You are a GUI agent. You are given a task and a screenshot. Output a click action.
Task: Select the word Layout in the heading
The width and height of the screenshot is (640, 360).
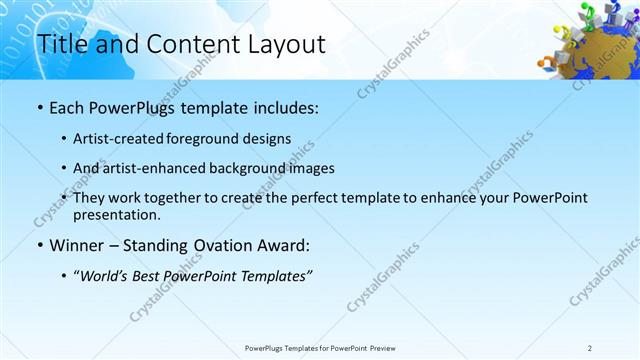tap(285, 44)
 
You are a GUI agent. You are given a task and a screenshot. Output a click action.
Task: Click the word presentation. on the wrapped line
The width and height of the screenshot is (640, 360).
tap(117, 214)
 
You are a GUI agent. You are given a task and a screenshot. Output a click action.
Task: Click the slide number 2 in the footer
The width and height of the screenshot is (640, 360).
tap(590, 347)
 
